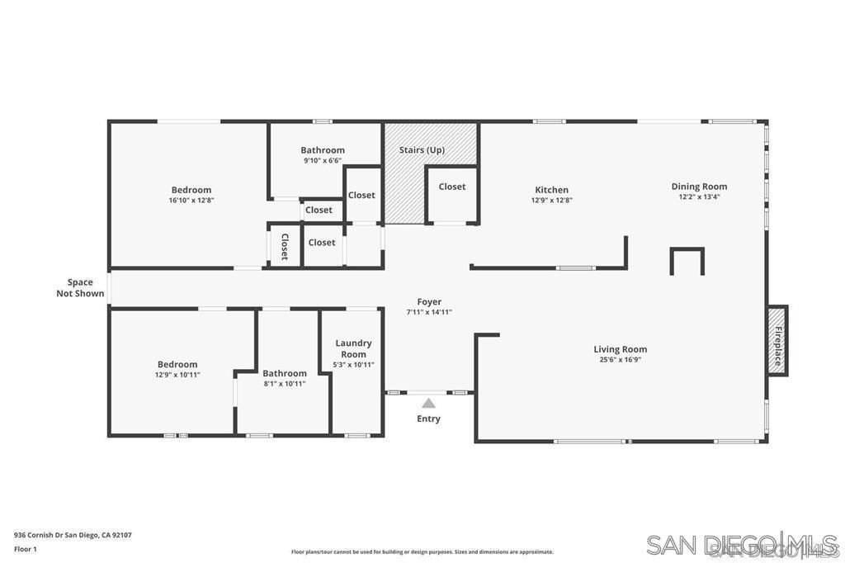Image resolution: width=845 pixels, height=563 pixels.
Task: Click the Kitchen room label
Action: tap(551, 190)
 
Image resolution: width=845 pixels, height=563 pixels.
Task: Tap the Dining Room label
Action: tap(699, 187)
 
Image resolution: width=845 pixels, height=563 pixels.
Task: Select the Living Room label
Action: tap(620, 349)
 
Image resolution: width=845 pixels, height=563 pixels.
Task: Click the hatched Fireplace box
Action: tap(777, 340)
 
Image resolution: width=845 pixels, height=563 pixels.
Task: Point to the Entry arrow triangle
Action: tap(428, 403)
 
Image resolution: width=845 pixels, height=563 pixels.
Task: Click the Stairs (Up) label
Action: tap(422, 150)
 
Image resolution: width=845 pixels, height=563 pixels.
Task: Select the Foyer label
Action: tap(429, 302)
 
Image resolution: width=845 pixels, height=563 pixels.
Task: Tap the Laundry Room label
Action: tap(353, 348)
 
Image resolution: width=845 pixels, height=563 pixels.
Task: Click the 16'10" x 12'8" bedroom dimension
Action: tap(191, 200)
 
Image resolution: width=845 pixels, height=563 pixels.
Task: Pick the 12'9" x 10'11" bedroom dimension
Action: tap(177, 375)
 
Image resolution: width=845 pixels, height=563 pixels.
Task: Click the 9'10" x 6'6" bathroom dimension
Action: tap(323, 161)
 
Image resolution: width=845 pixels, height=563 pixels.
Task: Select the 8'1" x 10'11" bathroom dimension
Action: tap(285, 383)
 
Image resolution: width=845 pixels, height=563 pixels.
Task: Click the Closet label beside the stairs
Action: tap(452, 187)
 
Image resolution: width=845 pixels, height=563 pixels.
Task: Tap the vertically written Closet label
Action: tap(285, 246)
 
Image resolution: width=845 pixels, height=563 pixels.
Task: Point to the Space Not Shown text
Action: tap(80, 287)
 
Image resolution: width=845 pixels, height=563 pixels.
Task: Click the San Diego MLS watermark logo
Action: tap(742, 545)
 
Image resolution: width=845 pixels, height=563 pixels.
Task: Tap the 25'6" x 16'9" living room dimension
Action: tap(620, 360)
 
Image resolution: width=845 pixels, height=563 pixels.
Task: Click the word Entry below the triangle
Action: tap(428, 419)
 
